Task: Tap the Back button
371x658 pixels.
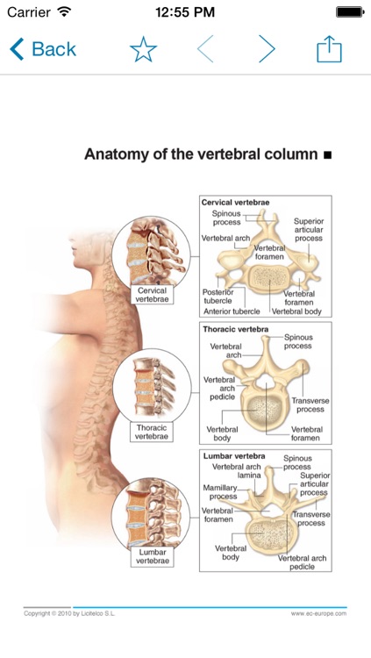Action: (43, 49)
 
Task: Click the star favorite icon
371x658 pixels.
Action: (144, 49)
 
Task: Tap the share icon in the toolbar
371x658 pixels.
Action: (329, 49)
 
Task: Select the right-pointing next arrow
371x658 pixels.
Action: (267, 48)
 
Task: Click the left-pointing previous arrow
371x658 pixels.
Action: (205, 48)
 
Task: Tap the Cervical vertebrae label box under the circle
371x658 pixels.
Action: (152, 295)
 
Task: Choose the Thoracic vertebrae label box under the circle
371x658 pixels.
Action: (152, 433)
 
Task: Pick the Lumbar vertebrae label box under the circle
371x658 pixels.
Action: (153, 556)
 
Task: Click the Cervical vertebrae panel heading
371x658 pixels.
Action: (235, 203)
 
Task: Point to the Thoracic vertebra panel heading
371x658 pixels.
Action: (235, 329)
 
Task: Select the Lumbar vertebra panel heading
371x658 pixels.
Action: (234, 456)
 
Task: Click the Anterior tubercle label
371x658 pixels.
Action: (232, 311)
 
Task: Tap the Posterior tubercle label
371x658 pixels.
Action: (218, 297)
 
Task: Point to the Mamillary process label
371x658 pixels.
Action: (220, 492)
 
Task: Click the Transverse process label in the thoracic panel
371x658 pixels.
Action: (310, 405)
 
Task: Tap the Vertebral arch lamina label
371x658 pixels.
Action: (237, 471)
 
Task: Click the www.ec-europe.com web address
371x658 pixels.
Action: (318, 613)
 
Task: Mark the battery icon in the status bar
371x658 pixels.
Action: (351, 11)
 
